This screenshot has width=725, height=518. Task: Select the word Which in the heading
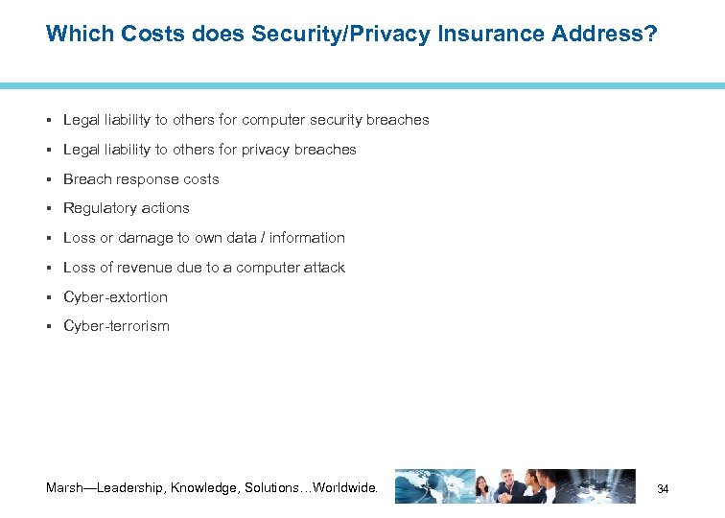point(80,35)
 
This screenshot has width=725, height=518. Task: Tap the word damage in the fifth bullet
point(146,238)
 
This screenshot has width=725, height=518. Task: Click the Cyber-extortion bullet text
point(115,297)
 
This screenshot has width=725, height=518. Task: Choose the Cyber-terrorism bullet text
point(116,326)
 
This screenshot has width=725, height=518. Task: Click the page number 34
point(663,489)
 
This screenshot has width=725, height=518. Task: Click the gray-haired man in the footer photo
point(507,484)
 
